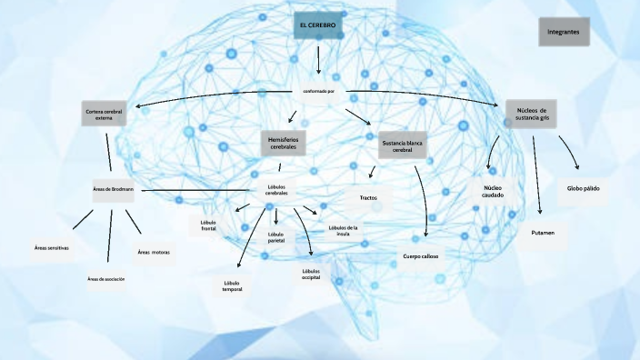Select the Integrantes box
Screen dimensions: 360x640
tap(564, 31)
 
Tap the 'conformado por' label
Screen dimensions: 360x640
tap(319, 91)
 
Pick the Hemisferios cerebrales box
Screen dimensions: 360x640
tap(283, 142)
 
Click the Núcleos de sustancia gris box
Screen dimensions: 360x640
tap(531, 113)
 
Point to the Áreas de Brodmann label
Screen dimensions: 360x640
tap(114, 189)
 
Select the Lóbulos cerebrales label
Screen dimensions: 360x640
tap(276, 190)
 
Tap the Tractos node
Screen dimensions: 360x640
tap(370, 196)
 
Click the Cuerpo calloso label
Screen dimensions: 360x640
tap(421, 256)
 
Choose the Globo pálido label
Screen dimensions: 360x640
tap(583, 188)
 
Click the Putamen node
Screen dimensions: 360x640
tap(543, 234)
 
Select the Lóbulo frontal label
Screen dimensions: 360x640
tap(208, 225)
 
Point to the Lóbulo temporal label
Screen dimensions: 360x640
tap(232, 286)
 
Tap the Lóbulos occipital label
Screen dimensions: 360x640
tap(311, 274)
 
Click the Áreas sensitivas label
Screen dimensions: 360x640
tap(52, 247)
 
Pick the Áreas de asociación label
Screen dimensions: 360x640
tap(105, 279)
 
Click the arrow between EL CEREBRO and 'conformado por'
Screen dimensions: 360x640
tap(318, 61)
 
